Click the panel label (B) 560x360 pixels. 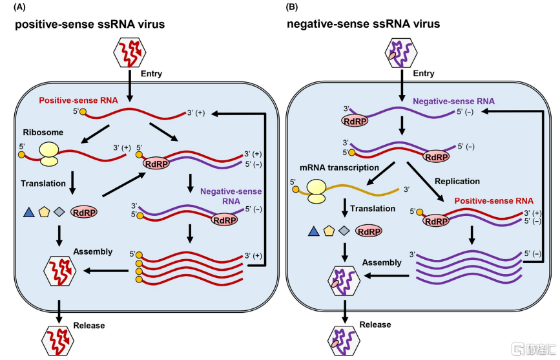pos(293,7)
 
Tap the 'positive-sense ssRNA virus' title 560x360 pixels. pos(90,25)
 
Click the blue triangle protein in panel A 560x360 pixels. pos(29,212)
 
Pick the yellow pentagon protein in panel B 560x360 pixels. pos(328,231)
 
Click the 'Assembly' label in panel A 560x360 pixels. pos(93,252)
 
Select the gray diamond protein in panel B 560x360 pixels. pos(344,231)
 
